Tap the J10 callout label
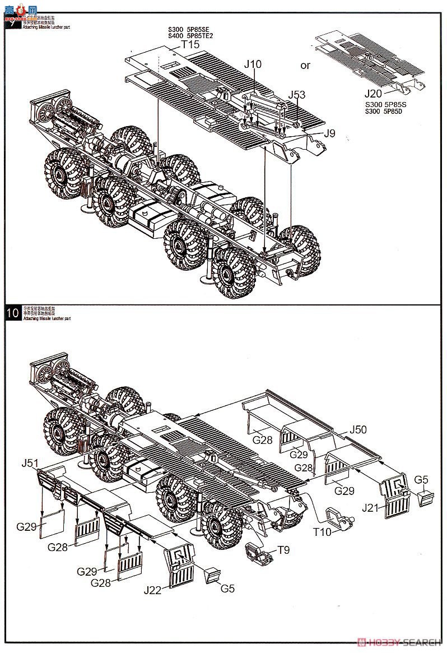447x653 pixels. (252, 64)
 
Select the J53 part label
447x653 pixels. (297, 94)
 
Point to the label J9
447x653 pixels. (329, 133)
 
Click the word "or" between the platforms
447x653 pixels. (305, 66)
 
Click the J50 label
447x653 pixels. (358, 430)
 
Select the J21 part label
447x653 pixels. (371, 508)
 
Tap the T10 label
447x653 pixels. (322, 532)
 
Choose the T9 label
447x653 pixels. (283, 551)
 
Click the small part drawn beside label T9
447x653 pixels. (259, 553)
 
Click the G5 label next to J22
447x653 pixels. (227, 589)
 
